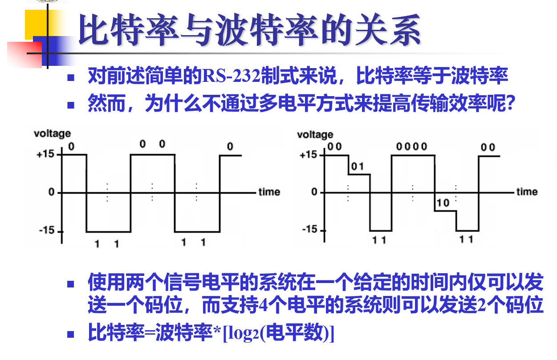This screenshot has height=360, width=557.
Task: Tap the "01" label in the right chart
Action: pyautogui.click(x=358, y=167)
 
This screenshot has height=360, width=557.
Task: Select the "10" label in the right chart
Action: pyautogui.click(x=443, y=203)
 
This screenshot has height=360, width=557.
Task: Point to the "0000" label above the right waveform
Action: pyautogui.click(x=412, y=147)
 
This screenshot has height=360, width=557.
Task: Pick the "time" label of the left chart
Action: pyautogui.click(x=269, y=192)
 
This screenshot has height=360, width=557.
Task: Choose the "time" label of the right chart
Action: pyautogui.click(x=527, y=192)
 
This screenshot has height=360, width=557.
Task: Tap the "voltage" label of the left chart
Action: pyautogui.click(x=52, y=133)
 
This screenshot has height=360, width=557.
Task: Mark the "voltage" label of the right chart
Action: pyautogui.click(x=315, y=134)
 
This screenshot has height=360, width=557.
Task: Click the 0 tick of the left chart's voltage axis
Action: pyautogui.click(x=52, y=192)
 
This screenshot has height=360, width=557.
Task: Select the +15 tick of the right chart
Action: pyautogui.click(x=309, y=155)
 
